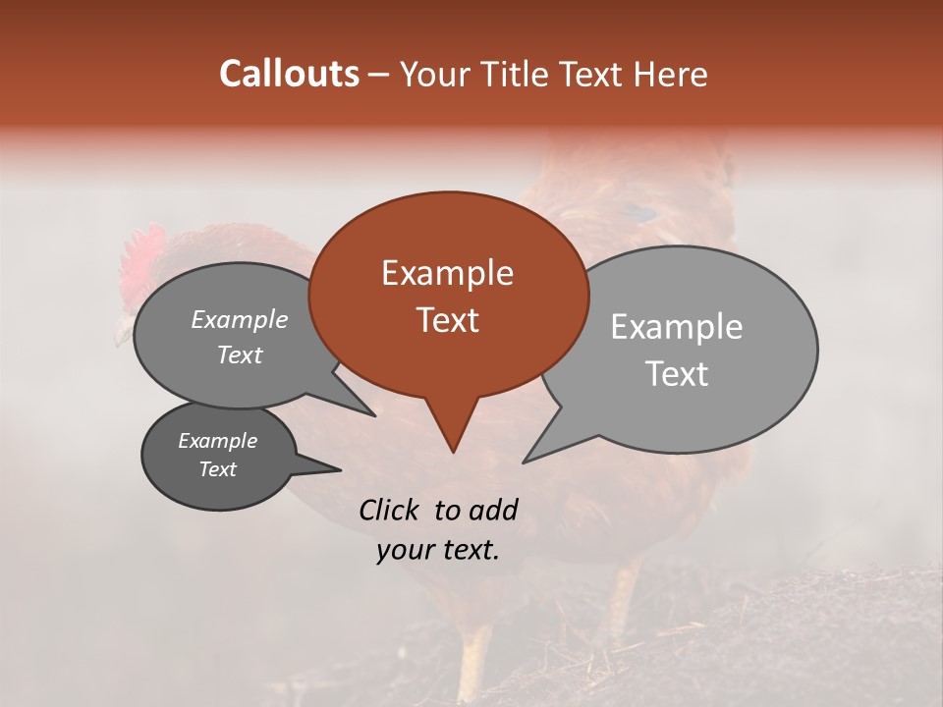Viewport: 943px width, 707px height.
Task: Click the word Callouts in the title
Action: coord(289,74)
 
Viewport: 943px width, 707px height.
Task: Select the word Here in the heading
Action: coord(672,74)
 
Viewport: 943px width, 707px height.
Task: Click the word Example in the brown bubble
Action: coord(447,273)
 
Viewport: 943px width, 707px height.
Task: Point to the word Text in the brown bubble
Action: coord(447,319)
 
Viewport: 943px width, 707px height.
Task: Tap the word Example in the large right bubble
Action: coord(677,327)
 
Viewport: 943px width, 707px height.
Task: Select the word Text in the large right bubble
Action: coord(677,373)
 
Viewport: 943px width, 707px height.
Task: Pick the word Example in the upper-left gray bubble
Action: coord(239,319)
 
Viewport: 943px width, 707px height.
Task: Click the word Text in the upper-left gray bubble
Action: coord(239,354)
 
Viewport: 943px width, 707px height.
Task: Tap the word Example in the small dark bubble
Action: coord(217,441)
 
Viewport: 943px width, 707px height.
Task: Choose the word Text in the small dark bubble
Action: coord(217,469)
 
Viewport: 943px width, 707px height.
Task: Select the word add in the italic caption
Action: coord(492,510)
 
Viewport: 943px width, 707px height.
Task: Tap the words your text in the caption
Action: coord(438,550)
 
